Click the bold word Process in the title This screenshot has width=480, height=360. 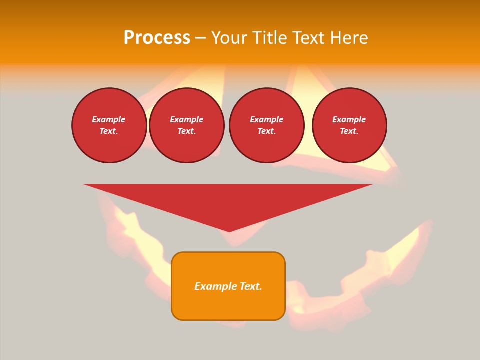pos(157,38)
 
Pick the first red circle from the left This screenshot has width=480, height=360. pos(109,125)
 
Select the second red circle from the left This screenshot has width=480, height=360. pos(187,125)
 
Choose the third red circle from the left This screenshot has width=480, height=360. pos(267,125)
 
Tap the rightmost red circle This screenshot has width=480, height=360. pos(349,125)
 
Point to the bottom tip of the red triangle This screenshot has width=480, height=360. pos(229,231)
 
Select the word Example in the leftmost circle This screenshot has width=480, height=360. pos(109,119)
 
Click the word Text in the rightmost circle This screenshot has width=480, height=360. pos(349,131)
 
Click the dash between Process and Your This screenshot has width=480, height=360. pos(200,38)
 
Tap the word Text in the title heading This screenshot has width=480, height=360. pos(307,38)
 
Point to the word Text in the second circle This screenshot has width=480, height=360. pos(186,131)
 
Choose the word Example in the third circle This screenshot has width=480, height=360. pos(267,119)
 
